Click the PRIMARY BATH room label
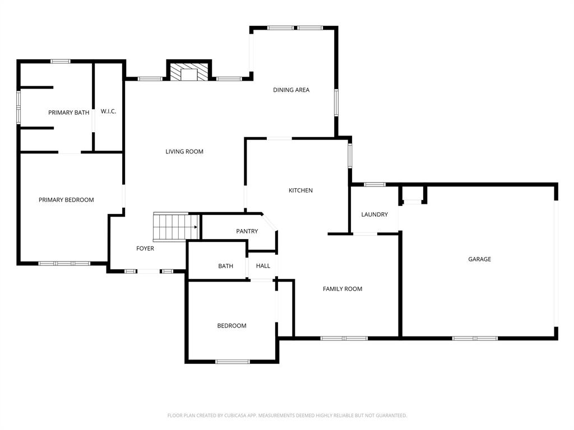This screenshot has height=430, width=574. coord(68,113)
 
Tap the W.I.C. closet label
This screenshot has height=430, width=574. coord(108,111)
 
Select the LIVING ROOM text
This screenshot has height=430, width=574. coord(184,152)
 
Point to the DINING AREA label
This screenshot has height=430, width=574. coord(291,90)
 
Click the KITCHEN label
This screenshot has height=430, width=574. coord(300,191)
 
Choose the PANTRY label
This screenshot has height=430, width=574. coord(247,231)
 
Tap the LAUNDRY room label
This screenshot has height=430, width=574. coord(374,214)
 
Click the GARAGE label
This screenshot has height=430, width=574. coord(479,259)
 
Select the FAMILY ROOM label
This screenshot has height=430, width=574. coord(342,289)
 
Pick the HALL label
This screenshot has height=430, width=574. coord(263,266)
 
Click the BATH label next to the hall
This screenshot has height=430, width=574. coord(225,266)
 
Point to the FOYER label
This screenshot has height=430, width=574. coord(145,249)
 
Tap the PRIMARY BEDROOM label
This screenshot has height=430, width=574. coord(66,200)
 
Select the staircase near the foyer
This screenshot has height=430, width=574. coord(174,227)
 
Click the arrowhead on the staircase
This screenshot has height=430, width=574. coord(196,227)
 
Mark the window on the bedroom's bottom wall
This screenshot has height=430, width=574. coord(233,362)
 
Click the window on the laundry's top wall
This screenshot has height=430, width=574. coord(374,184)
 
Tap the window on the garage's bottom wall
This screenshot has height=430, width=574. coord(475,338)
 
